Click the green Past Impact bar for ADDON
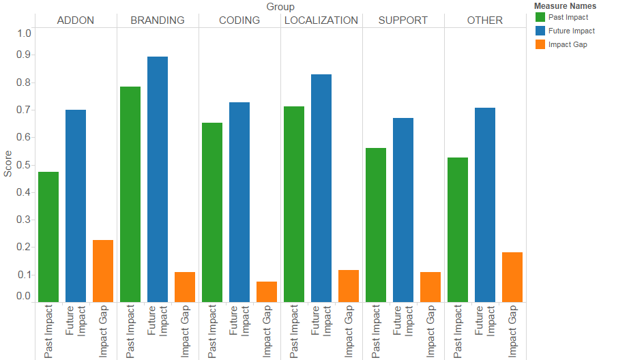[48, 237]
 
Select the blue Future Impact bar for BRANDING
[157, 179]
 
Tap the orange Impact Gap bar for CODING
[267, 292]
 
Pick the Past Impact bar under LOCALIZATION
[294, 204]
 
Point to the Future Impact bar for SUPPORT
[403, 210]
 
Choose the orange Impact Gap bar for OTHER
[512, 277]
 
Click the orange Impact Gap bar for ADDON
[103, 271]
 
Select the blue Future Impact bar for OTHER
[485, 205]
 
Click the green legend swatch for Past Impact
[540, 17]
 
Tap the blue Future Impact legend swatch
[540, 31]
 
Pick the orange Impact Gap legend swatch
[540, 44]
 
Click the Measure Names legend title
[566, 6]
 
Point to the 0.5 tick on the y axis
[23, 165]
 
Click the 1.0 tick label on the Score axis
[24, 33]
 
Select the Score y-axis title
[8, 164]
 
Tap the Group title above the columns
[280, 7]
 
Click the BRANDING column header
[158, 20]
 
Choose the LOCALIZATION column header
[321, 20]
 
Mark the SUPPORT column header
[403, 20]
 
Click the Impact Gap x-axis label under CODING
[267, 331]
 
